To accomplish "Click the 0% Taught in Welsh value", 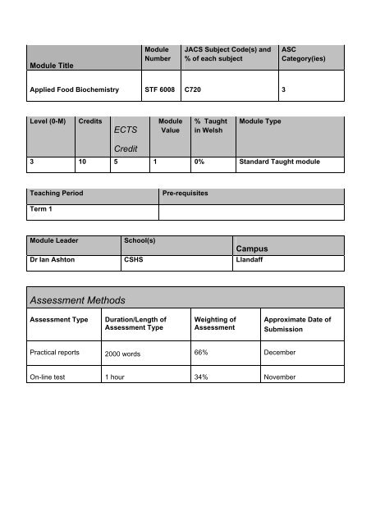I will (199, 163).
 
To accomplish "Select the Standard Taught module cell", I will (279, 163).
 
